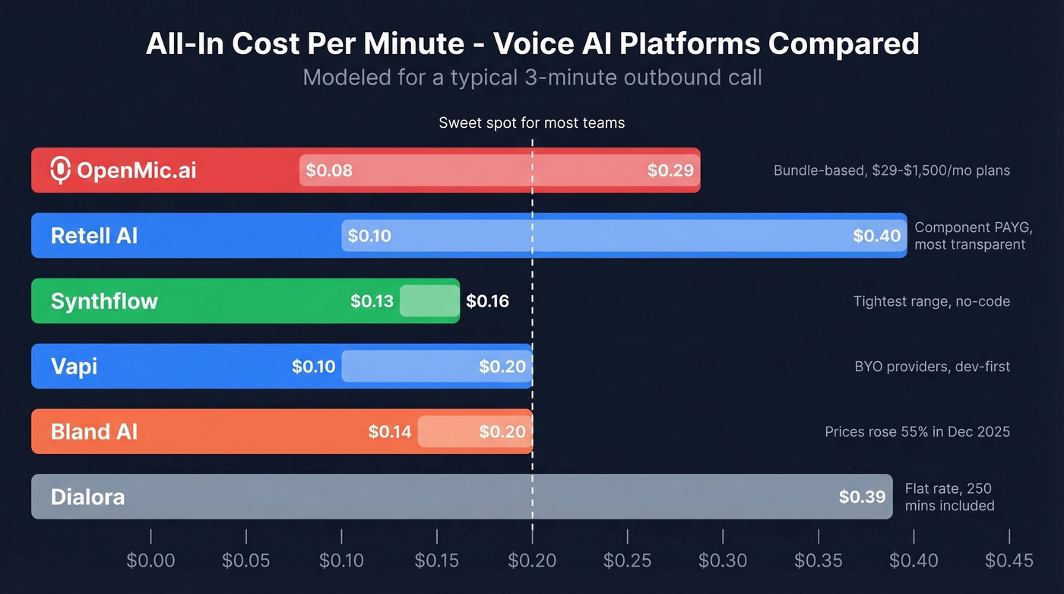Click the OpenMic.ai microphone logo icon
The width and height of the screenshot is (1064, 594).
tap(60, 170)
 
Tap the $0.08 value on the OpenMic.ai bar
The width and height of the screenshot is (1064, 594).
tap(329, 170)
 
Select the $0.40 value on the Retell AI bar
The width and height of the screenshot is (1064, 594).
tap(876, 236)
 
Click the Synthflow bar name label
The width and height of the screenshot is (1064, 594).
tap(104, 301)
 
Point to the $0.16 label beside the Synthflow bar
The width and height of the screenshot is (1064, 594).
tap(487, 301)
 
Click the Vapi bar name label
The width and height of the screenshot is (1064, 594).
tap(74, 367)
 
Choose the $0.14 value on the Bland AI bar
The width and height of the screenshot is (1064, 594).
tap(390, 432)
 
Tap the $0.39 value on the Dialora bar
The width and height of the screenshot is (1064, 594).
tap(862, 497)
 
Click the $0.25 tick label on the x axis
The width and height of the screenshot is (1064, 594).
tap(627, 561)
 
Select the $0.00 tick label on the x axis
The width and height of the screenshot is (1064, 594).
tap(150, 561)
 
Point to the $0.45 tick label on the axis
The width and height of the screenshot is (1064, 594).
tap(1009, 561)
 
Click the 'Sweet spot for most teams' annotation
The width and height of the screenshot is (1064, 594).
tap(531, 123)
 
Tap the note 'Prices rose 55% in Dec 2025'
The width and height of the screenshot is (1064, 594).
tap(917, 432)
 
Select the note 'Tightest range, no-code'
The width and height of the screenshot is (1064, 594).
tap(932, 301)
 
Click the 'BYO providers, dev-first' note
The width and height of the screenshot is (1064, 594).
tap(933, 367)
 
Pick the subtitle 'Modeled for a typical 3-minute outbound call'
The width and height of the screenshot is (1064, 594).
tap(532, 78)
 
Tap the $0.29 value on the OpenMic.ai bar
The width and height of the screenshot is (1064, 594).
tap(670, 170)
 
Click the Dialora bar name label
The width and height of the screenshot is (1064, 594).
tap(87, 497)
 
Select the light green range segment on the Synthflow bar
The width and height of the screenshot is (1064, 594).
tap(429, 301)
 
